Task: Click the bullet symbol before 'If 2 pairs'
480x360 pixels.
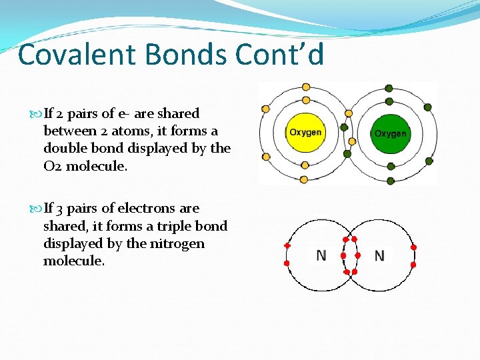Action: click(x=37, y=114)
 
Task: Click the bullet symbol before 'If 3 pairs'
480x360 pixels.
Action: click(x=37, y=209)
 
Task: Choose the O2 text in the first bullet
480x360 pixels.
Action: click(x=53, y=166)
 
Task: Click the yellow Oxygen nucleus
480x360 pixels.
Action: click(x=305, y=132)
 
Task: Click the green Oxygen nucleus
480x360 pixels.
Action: click(x=390, y=133)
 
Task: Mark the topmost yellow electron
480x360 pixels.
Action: click(x=306, y=87)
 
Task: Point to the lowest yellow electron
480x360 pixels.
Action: click(x=305, y=179)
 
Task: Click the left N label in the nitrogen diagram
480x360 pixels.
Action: click(x=321, y=255)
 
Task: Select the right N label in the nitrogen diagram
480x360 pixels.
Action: click(x=379, y=255)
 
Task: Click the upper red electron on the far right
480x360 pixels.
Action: click(x=413, y=247)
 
